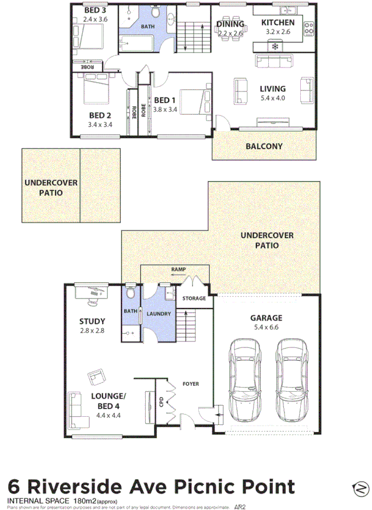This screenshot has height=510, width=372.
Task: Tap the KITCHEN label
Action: pyautogui.click(x=282, y=23)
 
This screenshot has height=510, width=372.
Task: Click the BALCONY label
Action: pyautogui.click(x=264, y=146)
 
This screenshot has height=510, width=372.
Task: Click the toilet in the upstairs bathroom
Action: pyautogui.click(x=155, y=12)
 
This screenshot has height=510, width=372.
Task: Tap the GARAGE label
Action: pyautogui.click(x=266, y=318)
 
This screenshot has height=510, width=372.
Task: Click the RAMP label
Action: pyautogui.click(x=178, y=270)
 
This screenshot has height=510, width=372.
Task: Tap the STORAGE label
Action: pyautogui.click(x=194, y=298)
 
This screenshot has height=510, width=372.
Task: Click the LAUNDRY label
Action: pyautogui.click(x=159, y=314)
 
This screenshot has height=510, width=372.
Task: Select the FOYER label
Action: pyautogui.click(x=191, y=384)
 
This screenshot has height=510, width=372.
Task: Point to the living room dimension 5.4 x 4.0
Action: pyautogui.click(x=272, y=98)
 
